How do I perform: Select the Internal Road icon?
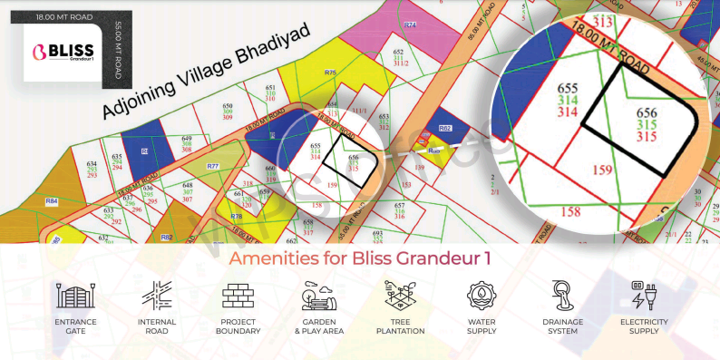(x=156, y=296)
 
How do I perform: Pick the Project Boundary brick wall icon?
(x=238, y=296)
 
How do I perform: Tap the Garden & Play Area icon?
(x=320, y=296)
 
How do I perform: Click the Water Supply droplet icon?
(x=482, y=296)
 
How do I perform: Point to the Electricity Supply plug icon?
(x=644, y=296)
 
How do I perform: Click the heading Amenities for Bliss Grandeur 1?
(x=360, y=258)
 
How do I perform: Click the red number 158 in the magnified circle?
(x=570, y=212)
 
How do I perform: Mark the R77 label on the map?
(x=213, y=166)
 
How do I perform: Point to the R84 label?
(x=52, y=200)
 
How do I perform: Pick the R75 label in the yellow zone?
(x=330, y=72)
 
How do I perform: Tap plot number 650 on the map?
(x=228, y=106)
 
